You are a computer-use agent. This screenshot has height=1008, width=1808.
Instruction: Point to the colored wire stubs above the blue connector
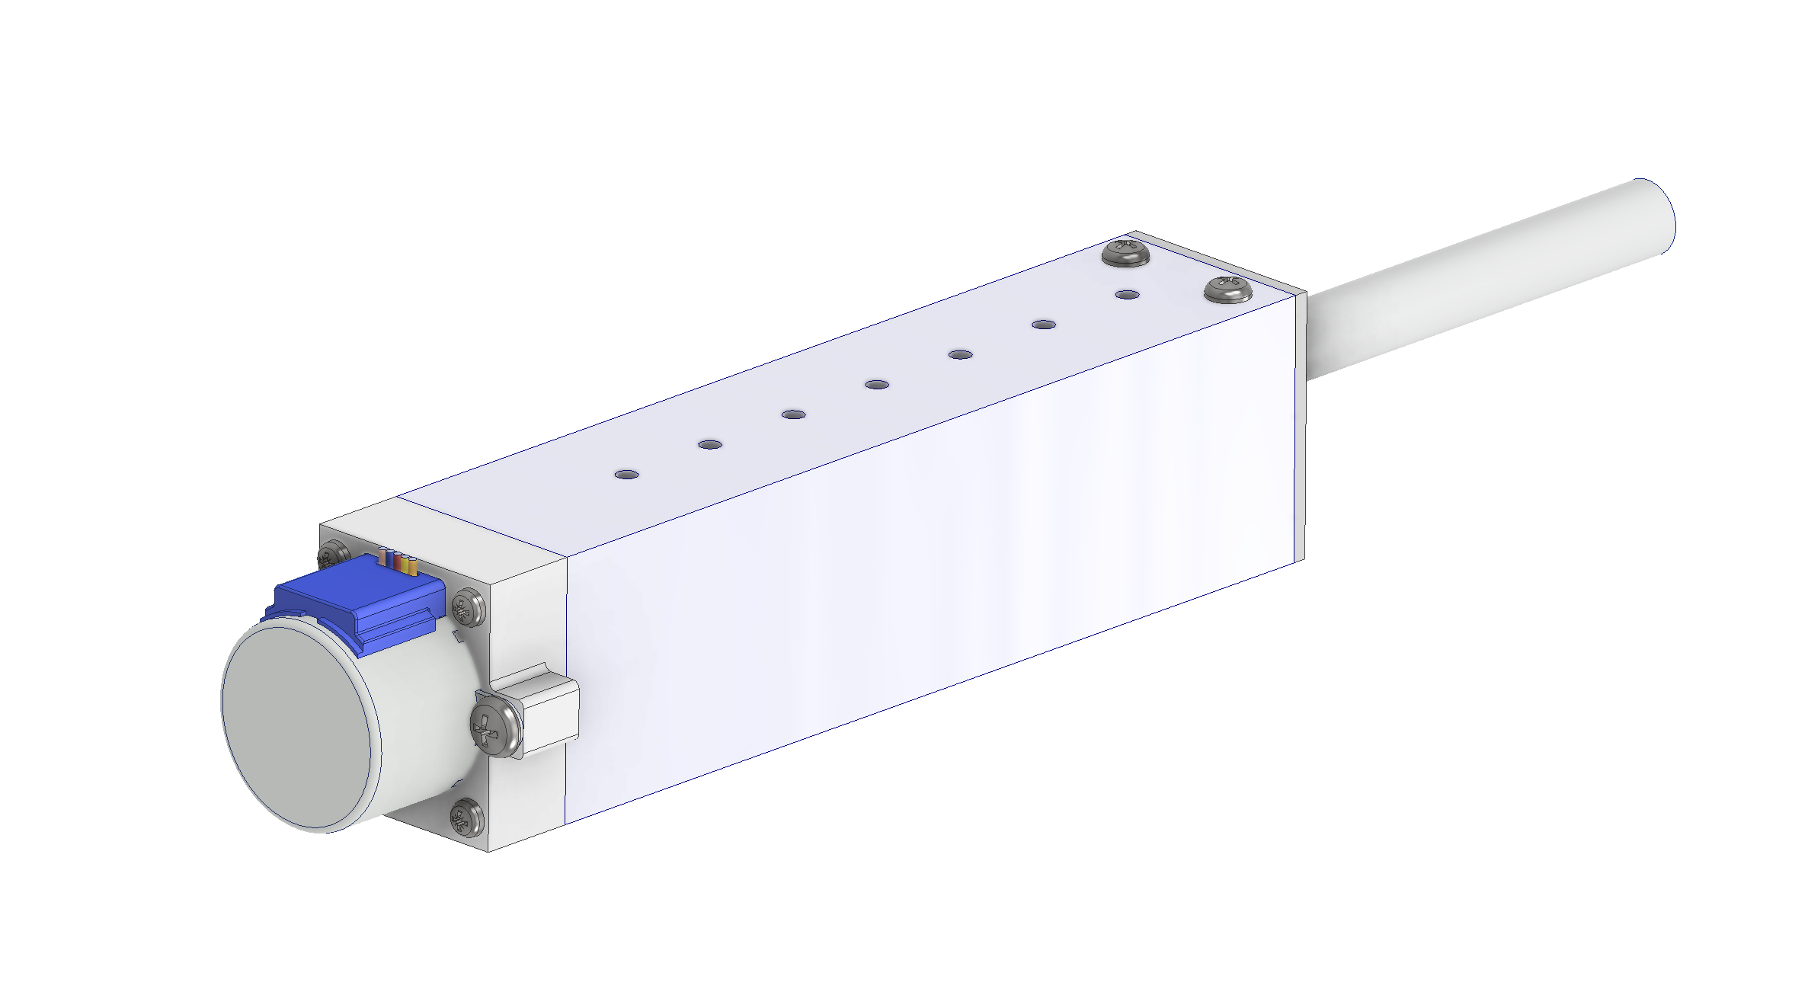pyautogui.click(x=397, y=562)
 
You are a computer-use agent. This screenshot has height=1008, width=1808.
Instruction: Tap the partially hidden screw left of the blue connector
pyautogui.click(x=332, y=555)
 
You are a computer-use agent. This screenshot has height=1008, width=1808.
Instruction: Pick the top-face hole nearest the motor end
pyautogui.click(x=626, y=475)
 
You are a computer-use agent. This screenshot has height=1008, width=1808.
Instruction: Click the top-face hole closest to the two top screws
pyautogui.click(x=1127, y=295)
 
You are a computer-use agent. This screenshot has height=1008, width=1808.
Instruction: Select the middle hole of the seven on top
pyautogui.click(x=877, y=385)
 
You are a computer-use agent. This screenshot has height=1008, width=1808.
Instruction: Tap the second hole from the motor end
pyautogui.click(x=710, y=445)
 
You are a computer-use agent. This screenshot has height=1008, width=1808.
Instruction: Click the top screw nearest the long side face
pyautogui.click(x=1227, y=290)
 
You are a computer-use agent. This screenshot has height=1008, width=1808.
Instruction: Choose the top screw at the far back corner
pyautogui.click(x=1125, y=251)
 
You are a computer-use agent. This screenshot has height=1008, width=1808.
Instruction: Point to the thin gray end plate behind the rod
pyautogui.click(x=1301, y=427)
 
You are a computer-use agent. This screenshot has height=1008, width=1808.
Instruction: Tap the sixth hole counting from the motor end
pyautogui.click(x=1044, y=325)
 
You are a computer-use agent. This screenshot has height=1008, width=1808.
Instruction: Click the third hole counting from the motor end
pyautogui.click(x=793, y=414)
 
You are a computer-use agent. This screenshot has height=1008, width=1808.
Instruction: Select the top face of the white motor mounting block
pyautogui.click(x=442, y=533)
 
